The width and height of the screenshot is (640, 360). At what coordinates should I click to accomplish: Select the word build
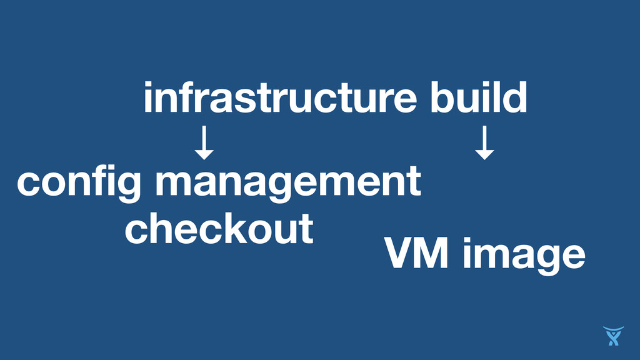479,99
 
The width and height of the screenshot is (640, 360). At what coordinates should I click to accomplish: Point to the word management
287,183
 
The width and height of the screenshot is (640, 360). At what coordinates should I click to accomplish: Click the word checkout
219,228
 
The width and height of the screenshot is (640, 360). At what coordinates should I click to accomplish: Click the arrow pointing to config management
204,142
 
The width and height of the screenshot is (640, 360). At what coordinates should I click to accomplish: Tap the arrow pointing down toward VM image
484,142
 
